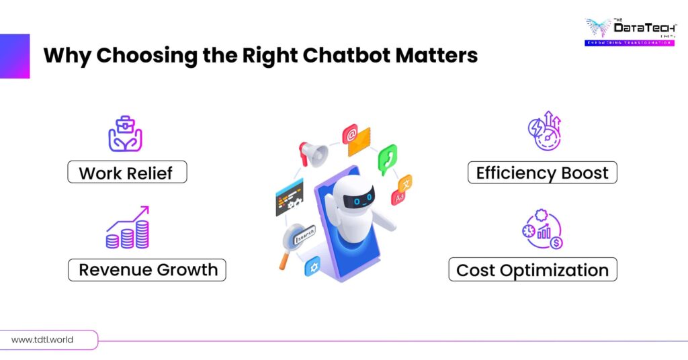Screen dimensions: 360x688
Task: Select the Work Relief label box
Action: click(126, 173)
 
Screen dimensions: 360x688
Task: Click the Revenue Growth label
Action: click(148, 270)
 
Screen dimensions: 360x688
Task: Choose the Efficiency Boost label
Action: click(542, 173)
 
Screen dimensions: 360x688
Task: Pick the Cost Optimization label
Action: click(532, 270)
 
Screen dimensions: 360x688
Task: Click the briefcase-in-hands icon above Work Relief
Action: click(126, 134)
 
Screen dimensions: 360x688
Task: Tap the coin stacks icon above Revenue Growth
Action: click(128, 229)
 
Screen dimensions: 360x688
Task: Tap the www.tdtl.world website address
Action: click(42, 340)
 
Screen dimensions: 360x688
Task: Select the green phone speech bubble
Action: click(387, 156)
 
